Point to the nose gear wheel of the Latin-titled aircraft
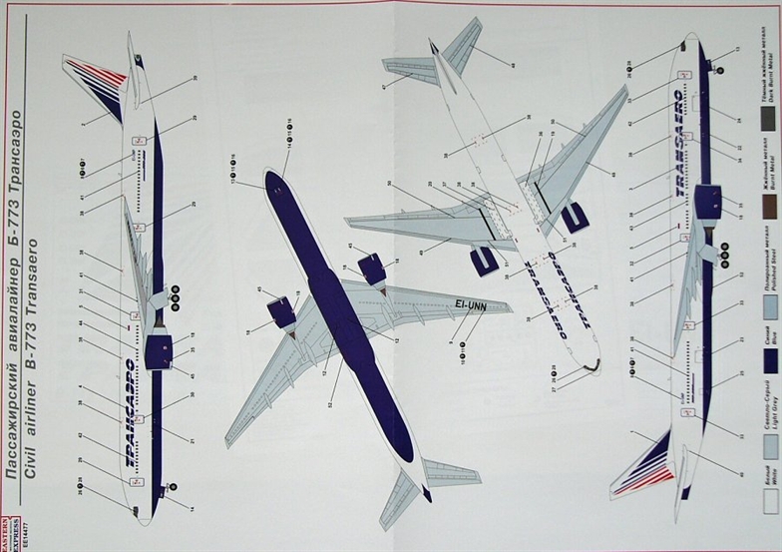tap(721, 68)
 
